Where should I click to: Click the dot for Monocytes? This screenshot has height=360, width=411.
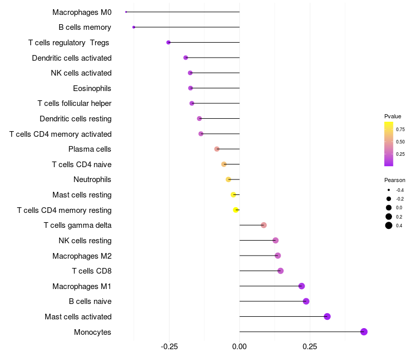[x=364, y=332]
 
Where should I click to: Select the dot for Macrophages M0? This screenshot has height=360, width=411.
[x=126, y=12]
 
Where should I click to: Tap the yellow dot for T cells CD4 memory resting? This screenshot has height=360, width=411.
[x=236, y=210]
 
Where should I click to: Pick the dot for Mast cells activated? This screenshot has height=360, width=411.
[x=327, y=316]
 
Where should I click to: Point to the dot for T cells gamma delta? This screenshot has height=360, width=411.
[x=264, y=225]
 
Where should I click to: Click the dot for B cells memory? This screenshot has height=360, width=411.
[x=134, y=27]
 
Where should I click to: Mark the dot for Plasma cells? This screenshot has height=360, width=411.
[x=217, y=149]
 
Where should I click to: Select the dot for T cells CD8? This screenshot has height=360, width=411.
[x=281, y=271]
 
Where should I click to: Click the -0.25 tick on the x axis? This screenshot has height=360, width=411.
[x=170, y=347]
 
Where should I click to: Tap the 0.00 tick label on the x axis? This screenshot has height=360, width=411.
[x=239, y=347]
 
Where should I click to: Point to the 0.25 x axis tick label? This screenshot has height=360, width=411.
[x=310, y=347]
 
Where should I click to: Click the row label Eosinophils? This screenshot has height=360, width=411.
[x=92, y=88]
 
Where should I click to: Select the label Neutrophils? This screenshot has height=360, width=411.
[x=92, y=179]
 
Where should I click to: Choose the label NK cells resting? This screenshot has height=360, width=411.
[x=85, y=241]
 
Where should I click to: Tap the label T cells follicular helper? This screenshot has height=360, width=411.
[x=74, y=103]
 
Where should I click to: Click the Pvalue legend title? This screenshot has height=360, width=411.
[x=393, y=116]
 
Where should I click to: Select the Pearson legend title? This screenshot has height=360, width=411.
[x=395, y=180]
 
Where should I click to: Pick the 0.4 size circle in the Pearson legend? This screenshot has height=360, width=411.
[x=389, y=225]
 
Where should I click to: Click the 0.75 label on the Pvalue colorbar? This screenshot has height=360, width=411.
[x=400, y=129]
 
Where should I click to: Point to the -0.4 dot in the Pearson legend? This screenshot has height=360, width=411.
[x=389, y=190]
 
